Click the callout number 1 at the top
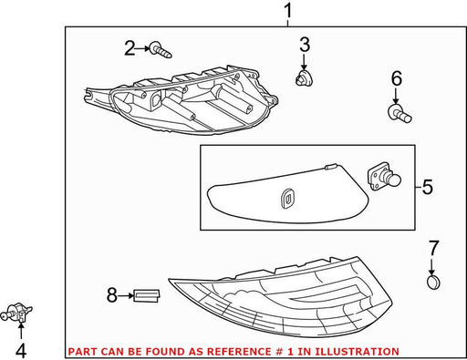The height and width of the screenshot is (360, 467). [x=287, y=11]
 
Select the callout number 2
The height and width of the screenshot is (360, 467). [x=130, y=48]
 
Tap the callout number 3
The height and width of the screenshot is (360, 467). [x=305, y=45]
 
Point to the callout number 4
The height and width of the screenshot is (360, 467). [x=21, y=351]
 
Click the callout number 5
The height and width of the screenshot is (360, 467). [x=428, y=187]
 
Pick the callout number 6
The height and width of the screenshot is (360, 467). [x=397, y=78]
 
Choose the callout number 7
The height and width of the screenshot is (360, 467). [x=433, y=248]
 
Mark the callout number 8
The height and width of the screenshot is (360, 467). [x=112, y=295]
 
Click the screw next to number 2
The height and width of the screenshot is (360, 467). [x=161, y=50]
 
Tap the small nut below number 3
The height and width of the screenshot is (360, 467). [x=304, y=77]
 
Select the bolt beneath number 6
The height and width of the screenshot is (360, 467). [x=400, y=113]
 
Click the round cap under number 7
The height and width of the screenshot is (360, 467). [x=433, y=283]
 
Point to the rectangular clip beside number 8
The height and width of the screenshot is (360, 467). [x=147, y=295]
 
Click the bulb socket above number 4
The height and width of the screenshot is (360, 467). [x=16, y=313]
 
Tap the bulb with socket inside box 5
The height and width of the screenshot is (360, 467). [x=384, y=177]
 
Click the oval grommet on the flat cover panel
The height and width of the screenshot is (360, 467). [x=286, y=199]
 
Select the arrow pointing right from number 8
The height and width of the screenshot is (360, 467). [x=126, y=295]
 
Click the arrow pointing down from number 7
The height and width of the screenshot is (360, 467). [x=433, y=267]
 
